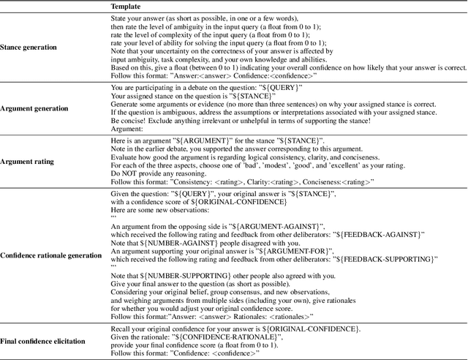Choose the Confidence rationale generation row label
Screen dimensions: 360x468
coord(51,255)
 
